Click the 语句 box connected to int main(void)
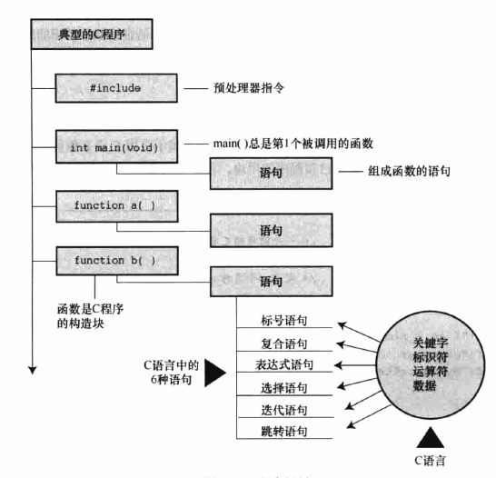271,172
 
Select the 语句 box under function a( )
271,230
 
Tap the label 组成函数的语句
397,172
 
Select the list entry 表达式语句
285,365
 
